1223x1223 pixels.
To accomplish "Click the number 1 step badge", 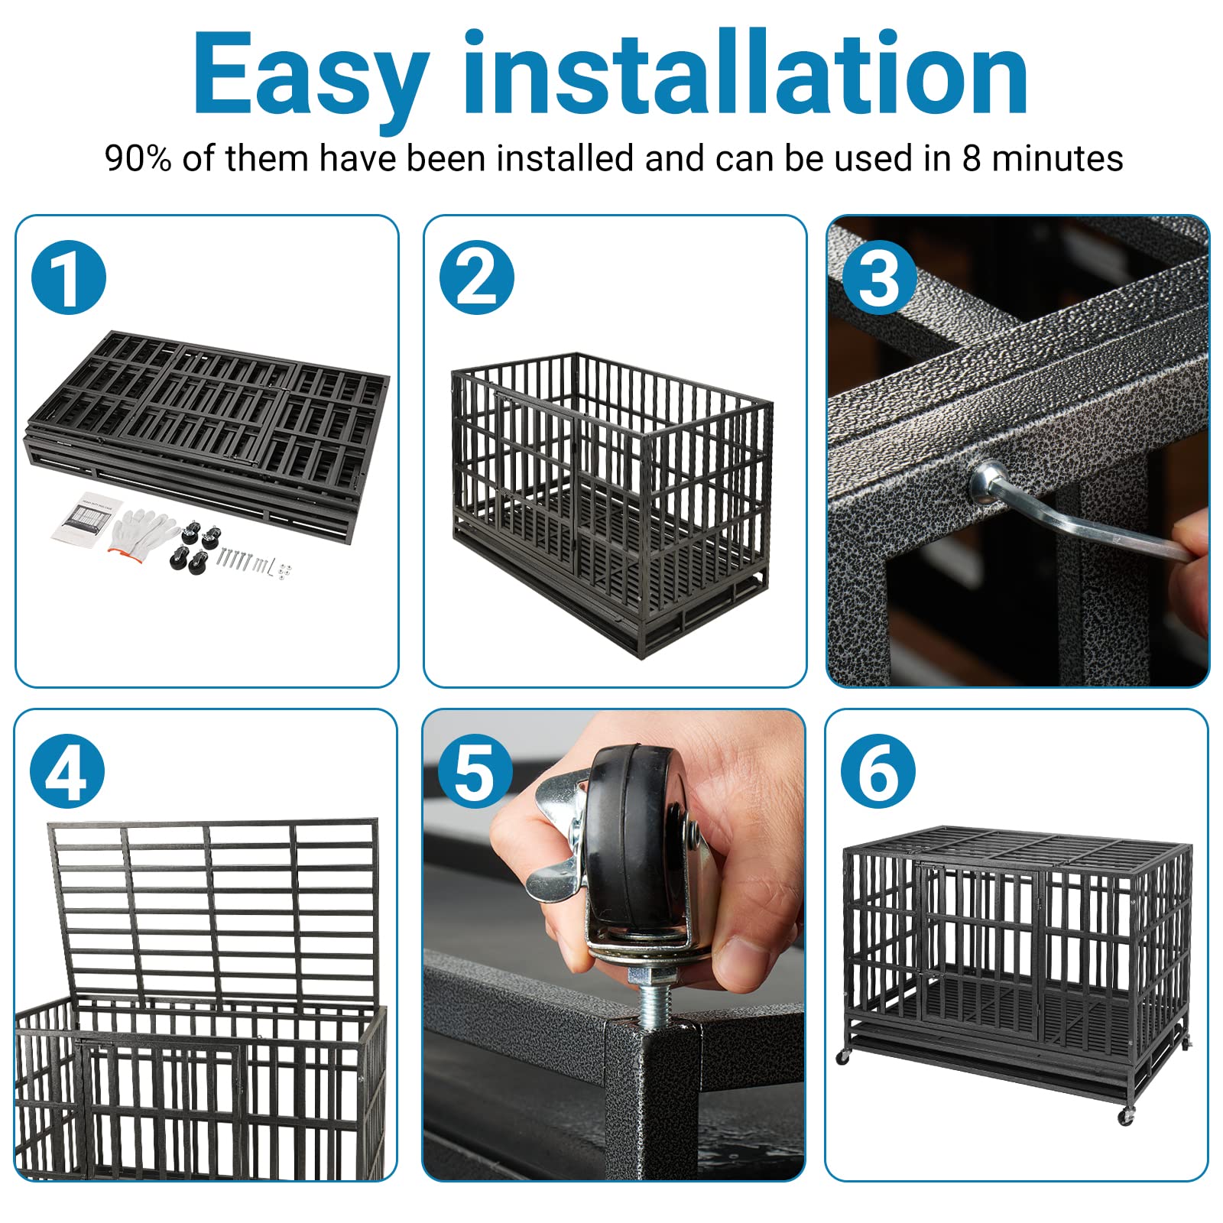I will coord(68,277).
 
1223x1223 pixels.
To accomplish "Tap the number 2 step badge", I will coord(476,277).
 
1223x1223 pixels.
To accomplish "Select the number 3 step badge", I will coord(879,277).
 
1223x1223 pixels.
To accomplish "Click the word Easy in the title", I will coord(310,76).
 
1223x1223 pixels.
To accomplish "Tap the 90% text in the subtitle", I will coord(138,159).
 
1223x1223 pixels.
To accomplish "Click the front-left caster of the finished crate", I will coord(844,1057).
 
